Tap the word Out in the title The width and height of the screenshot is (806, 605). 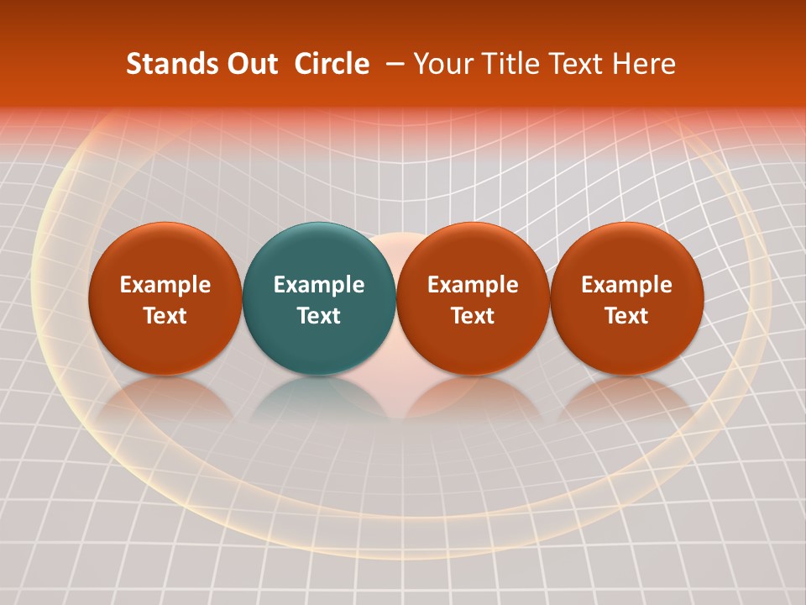click(x=250, y=64)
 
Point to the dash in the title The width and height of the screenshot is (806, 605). click(x=392, y=65)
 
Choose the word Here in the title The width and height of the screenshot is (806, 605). click(x=643, y=64)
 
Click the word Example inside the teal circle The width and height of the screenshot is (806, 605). click(x=319, y=285)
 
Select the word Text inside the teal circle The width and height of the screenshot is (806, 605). click(x=319, y=316)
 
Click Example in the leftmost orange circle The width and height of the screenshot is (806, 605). click(x=165, y=285)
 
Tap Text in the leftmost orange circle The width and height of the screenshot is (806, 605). click(x=165, y=316)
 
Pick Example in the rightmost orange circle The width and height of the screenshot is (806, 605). click(x=627, y=285)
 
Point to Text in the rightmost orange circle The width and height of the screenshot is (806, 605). click(x=627, y=316)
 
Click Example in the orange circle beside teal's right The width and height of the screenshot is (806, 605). click(x=473, y=285)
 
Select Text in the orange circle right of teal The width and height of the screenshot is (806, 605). click(x=473, y=316)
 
